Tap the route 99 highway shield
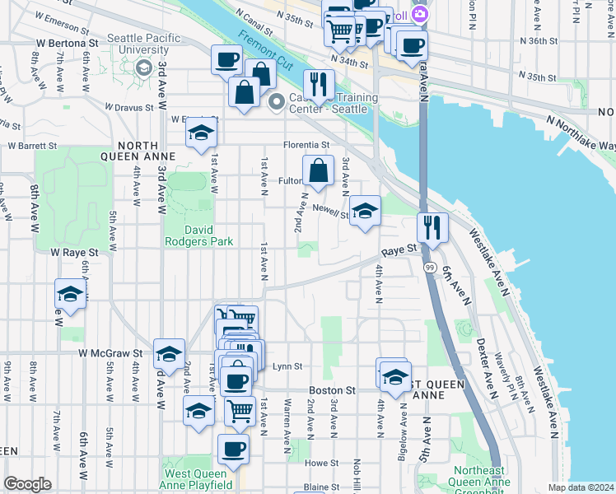click(430, 268)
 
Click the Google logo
click(27, 484)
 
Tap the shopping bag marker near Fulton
click(318, 171)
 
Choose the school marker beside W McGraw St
click(169, 352)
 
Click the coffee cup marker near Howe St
click(232, 449)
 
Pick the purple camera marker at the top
click(421, 14)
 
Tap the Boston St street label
click(332, 390)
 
